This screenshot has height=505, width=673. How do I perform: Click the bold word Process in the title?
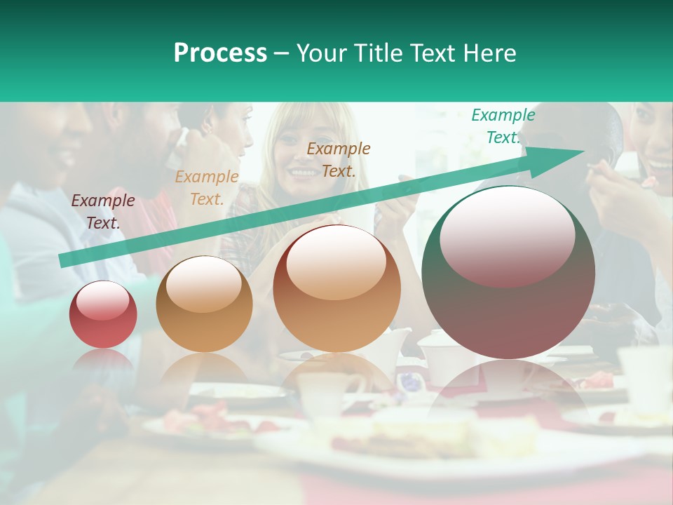[x=220, y=53]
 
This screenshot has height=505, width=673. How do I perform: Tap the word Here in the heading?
[x=489, y=53]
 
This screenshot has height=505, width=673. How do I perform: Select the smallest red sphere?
[x=103, y=314]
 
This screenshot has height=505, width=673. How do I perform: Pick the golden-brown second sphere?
[x=204, y=304]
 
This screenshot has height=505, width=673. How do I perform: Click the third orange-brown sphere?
[x=337, y=288]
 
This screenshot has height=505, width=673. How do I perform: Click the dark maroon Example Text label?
[x=103, y=212]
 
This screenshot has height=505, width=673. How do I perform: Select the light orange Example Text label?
[x=207, y=188]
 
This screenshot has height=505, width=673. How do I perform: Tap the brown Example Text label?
[x=339, y=159]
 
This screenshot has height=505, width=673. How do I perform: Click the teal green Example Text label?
[x=503, y=126]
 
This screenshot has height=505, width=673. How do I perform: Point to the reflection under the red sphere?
[x=104, y=361]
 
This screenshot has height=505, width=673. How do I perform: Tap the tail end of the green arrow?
[x=64, y=260]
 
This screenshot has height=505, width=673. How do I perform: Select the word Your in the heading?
[x=322, y=53]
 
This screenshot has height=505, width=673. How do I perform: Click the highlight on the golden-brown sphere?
[x=204, y=284]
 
